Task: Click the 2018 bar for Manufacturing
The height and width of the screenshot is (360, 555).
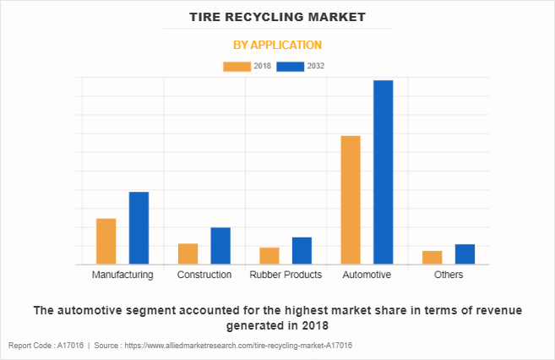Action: tap(106, 242)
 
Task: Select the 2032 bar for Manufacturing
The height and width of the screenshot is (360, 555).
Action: tap(139, 228)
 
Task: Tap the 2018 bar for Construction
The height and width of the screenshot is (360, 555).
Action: tap(188, 254)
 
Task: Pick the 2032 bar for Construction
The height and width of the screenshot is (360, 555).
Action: tap(220, 246)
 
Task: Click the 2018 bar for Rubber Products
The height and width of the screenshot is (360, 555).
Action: tap(269, 256)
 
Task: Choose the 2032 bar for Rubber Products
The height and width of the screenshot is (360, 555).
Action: tap(302, 251)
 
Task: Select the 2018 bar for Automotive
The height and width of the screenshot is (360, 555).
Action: tap(351, 200)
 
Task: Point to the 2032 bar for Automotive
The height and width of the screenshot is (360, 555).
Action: tap(384, 172)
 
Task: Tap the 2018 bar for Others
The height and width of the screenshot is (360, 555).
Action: tap(433, 258)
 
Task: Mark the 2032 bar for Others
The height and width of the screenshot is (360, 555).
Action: tap(465, 254)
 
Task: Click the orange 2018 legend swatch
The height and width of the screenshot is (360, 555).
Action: tap(237, 66)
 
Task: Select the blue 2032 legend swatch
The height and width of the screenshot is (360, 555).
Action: tap(291, 66)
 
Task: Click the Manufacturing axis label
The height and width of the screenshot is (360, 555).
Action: tap(122, 275)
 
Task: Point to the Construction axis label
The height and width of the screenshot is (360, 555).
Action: tap(204, 275)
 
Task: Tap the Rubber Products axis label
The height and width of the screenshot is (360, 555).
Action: tap(286, 275)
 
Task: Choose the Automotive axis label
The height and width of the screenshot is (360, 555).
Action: tap(367, 275)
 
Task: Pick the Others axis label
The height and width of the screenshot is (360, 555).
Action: tap(449, 275)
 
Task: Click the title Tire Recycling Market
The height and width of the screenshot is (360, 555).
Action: tap(277, 16)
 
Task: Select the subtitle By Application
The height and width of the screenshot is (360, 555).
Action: tap(277, 45)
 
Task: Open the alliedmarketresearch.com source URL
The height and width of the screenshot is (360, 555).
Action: tap(237, 346)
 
